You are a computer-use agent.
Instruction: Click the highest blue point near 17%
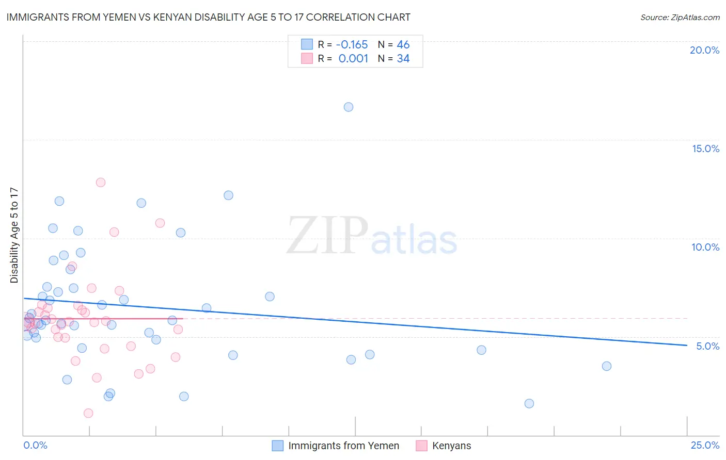point(349,107)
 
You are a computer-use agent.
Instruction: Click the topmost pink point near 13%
point(101,182)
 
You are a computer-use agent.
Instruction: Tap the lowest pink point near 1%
point(88,413)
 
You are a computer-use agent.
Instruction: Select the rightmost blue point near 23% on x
point(607,366)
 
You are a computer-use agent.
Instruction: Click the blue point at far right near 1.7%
point(529,403)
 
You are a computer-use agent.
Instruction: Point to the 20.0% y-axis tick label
point(704,50)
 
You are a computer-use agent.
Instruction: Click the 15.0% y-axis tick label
point(705,149)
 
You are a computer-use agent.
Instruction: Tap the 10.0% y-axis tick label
point(705,247)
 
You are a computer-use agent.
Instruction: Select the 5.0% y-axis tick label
point(707,346)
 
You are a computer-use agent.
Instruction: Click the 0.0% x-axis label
point(35,445)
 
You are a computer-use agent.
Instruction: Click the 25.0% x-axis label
point(705,445)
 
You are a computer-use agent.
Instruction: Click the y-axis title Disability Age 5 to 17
point(14,235)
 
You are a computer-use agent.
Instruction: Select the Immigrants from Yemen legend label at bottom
point(343,446)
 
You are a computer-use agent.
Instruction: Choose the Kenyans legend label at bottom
point(451,446)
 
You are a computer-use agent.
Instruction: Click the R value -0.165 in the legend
point(352,44)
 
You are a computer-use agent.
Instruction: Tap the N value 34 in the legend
point(403,59)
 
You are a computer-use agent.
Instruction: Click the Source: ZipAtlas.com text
point(680,18)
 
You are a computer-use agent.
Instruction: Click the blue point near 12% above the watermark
point(228,195)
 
